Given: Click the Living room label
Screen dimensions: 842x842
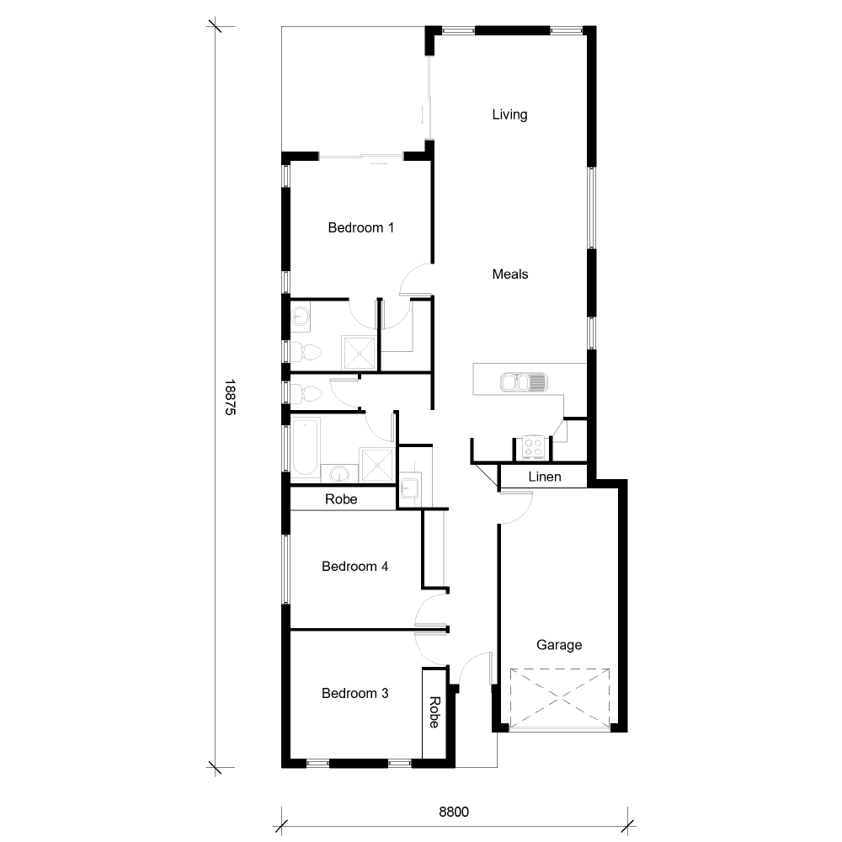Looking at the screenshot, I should [x=509, y=115].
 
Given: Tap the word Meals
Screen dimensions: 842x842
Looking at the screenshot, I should [x=510, y=274].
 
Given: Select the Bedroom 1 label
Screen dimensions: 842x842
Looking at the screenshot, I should [x=360, y=227].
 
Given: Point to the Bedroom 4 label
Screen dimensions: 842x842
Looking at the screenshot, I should [x=354, y=567].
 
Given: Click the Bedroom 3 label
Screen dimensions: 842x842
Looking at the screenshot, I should [x=354, y=694].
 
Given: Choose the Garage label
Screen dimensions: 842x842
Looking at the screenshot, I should [x=559, y=645].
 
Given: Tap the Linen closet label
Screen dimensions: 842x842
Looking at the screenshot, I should [x=545, y=477].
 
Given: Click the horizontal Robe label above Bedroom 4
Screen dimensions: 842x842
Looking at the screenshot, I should [x=341, y=499].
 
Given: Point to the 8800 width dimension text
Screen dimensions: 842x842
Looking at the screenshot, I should [x=453, y=813].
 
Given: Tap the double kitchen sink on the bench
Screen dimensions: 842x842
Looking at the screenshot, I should [x=524, y=383].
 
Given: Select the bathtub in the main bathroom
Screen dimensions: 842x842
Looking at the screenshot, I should [x=305, y=446].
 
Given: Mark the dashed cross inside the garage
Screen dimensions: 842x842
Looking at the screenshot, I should [x=560, y=699].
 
